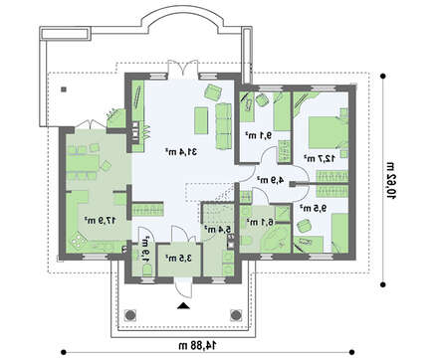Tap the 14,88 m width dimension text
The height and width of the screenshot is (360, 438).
190,346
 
